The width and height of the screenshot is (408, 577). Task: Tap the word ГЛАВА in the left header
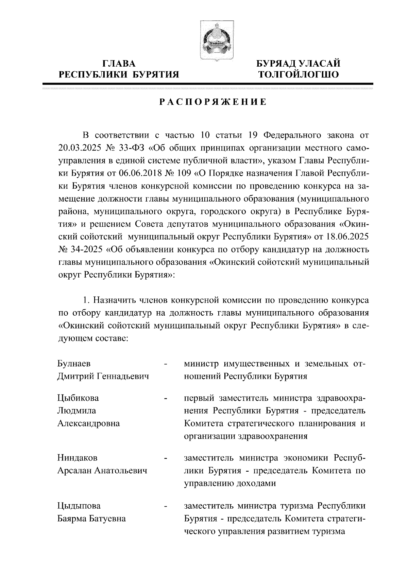coord(119,64)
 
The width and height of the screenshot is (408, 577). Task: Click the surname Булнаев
coord(74,364)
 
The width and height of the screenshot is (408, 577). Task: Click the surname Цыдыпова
coord(79,506)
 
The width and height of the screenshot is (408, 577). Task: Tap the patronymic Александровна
coord(89,423)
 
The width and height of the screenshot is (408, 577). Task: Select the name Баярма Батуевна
coord(91,519)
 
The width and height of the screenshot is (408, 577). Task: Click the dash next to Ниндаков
coord(166,459)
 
